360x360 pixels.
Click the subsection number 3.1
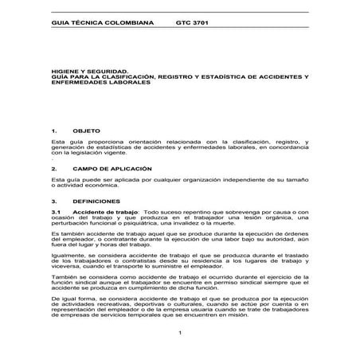coord(55,214)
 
